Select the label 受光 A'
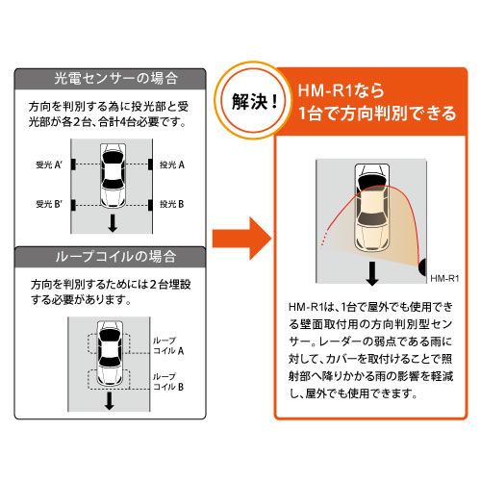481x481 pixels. (x=49, y=165)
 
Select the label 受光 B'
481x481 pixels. (x=49, y=203)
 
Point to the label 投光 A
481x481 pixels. (x=172, y=165)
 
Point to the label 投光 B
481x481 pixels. (x=172, y=203)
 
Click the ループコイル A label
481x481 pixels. (x=165, y=346)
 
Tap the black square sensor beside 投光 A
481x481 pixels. (x=150, y=165)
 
